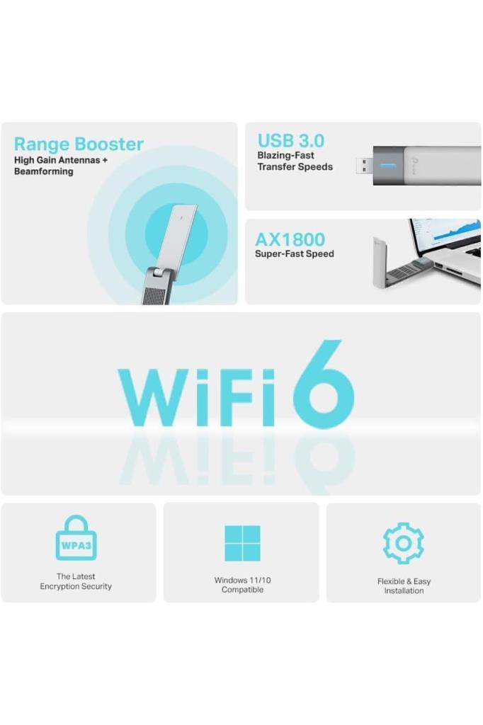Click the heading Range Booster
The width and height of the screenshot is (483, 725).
point(79,144)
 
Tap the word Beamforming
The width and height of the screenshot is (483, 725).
point(44,171)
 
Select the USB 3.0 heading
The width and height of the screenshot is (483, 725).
point(290,140)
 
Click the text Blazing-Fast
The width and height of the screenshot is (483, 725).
point(285,155)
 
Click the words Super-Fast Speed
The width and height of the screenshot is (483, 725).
point(294,253)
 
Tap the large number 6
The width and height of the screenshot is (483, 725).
point(324,385)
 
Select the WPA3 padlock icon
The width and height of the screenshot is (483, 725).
point(76,540)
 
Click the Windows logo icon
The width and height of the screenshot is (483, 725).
point(242,543)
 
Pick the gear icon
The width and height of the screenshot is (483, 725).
point(404,543)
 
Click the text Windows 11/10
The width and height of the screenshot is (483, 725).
point(242,581)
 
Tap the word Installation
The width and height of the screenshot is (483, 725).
point(404,590)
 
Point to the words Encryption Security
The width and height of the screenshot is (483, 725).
point(76,586)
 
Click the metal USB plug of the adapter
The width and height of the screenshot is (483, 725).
point(364,166)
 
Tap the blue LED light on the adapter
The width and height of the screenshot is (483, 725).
point(387,166)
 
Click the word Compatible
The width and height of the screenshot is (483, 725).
point(242,590)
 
